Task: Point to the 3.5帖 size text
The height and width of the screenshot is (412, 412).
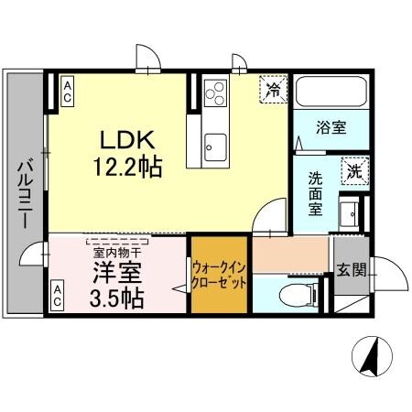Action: [114, 298]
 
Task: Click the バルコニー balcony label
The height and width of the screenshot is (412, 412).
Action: [26, 195]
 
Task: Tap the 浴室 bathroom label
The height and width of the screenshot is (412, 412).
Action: [332, 127]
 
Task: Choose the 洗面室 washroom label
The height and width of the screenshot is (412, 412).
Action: [315, 193]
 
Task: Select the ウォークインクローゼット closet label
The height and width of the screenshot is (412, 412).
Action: [220, 275]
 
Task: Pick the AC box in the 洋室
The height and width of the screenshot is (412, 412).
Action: [57, 295]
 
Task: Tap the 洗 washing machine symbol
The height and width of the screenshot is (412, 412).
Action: [352, 170]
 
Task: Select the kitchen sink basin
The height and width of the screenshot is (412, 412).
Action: [216, 144]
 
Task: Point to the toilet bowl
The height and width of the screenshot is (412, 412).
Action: [291, 295]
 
